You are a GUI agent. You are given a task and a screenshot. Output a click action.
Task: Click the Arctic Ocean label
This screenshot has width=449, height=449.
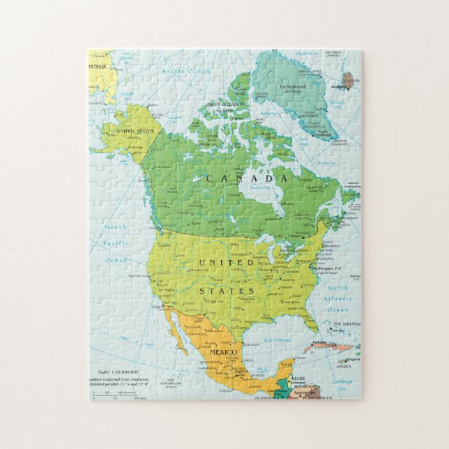point(185,71)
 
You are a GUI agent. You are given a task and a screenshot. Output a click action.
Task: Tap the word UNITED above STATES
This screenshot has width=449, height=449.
point(226,263)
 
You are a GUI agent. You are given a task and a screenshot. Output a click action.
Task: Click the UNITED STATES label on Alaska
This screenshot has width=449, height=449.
point(134,130)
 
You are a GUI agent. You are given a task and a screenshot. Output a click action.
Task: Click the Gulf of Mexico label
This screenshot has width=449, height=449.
point(279,339)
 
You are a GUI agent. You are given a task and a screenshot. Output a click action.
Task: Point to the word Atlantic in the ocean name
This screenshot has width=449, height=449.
point(339,298)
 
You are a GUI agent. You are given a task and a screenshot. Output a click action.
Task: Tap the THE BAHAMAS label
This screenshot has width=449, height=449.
point(346,325)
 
